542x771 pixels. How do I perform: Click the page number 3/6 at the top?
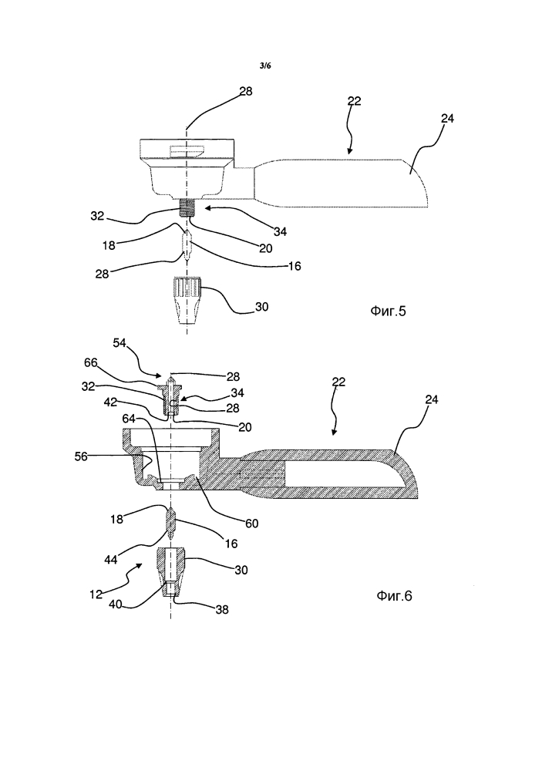265,66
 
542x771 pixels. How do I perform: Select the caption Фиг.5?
388,311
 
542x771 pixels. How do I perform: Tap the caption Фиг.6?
394,596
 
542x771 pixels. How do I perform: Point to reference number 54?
120,343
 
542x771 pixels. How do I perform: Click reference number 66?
91,363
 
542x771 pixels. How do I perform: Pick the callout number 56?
81,456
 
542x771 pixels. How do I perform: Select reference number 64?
129,419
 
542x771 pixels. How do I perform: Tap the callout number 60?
252,524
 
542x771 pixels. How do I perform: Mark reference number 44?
111,560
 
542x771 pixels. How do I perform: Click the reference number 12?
96,594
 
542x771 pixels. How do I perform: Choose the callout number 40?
115,604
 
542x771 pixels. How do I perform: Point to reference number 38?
222,610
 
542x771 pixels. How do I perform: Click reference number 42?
110,402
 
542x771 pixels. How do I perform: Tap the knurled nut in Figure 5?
187,301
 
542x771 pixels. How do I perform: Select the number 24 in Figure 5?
447,119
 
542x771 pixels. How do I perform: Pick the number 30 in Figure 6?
241,570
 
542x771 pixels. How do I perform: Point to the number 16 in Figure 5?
294,266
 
